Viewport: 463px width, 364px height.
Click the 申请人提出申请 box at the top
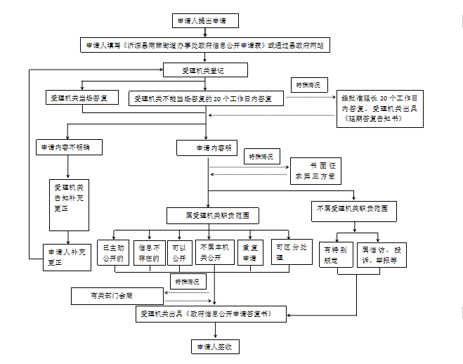click(205, 20)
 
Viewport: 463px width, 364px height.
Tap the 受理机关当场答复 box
click(81, 98)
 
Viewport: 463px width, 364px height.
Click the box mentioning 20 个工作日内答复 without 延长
click(208, 98)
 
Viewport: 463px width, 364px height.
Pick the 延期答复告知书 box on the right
click(379, 109)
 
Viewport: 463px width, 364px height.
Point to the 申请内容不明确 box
click(67, 148)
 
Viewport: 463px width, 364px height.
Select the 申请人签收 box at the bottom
click(214, 346)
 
